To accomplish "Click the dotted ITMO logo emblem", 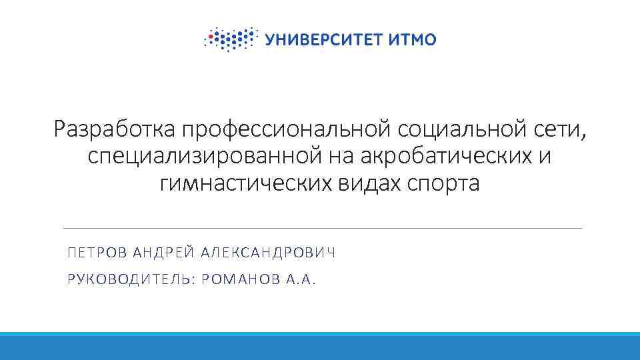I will (230, 39).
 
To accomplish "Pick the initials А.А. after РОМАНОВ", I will (300, 279).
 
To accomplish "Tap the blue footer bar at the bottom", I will (320, 347).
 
